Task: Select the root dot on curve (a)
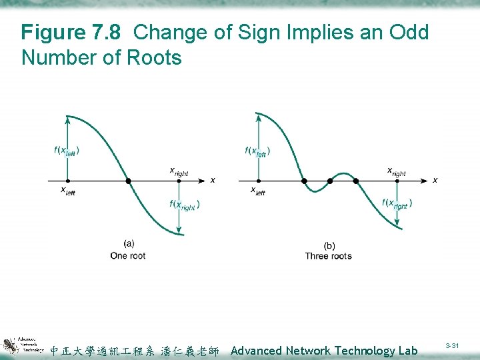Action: pyautogui.click(x=129, y=181)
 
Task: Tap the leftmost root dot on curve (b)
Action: pyautogui.click(x=304, y=181)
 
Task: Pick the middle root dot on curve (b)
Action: pyautogui.click(x=330, y=181)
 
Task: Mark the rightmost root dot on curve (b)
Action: pyautogui.click(x=356, y=181)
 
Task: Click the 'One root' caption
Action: pyautogui.click(x=128, y=256)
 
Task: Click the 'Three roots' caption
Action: pyautogui.click(x=328, y=256)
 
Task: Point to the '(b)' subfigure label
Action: pyautogui.click(x=329, y=245)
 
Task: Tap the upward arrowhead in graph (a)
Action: pyautogui.click(x=67, y=119)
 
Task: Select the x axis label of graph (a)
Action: pyautogui.click(x=213, y=180)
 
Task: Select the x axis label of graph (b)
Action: pyautogui.click(x=435, y=180)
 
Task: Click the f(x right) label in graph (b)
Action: pyautogui.click(x=397, y=204)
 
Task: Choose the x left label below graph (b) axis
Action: pyautogui.click(x=257, y=191)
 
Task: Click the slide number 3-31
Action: pyautogui.click(x=452, y=345)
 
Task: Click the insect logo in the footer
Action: pyautogui.click(x=9, y=347)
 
